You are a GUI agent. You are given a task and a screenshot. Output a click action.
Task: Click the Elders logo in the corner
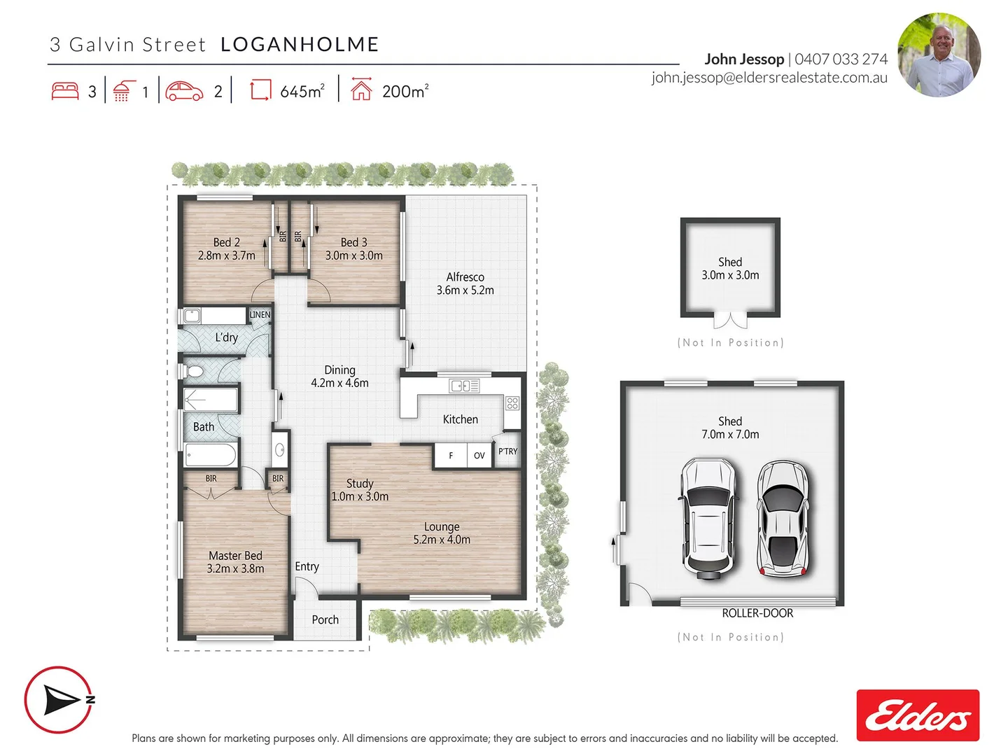[x=918, y=715]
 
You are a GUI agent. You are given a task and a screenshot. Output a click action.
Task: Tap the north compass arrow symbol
[x=59, y=699]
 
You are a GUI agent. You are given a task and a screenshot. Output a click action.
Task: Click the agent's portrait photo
[x=939, y=55]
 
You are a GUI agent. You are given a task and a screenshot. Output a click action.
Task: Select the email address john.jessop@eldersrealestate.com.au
[x=769, y=78]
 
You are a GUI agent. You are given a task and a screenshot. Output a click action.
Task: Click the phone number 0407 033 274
[x=841, y=59]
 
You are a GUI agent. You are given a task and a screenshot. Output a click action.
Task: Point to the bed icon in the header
[x=65, y=91]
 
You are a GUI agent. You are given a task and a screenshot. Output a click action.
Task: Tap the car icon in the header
[x=185, y=91]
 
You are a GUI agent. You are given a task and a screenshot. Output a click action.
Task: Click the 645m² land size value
[x=302, y=92]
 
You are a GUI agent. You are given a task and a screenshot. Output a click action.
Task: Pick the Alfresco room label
[x=465, y=277]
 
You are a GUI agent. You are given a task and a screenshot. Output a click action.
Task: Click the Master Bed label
[x=235, y=556]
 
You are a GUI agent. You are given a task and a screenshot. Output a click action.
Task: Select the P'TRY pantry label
[x=507, y=451]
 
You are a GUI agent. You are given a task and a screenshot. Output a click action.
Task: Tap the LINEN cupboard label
[x=260, y=315]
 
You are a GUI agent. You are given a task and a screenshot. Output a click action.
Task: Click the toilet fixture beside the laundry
[x=194, y=371]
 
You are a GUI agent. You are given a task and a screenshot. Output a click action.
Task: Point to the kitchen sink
[x=464, y=386]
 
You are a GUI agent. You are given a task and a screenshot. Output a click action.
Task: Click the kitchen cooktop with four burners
[x=512, y=403]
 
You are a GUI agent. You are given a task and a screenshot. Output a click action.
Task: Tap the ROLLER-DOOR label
[x=757, y=613]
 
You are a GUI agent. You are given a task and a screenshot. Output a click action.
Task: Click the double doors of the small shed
[x=730, y=321]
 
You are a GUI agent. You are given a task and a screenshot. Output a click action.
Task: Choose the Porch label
[x=325, y=620]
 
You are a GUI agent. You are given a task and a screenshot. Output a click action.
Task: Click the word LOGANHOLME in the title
[x=300, y=45]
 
